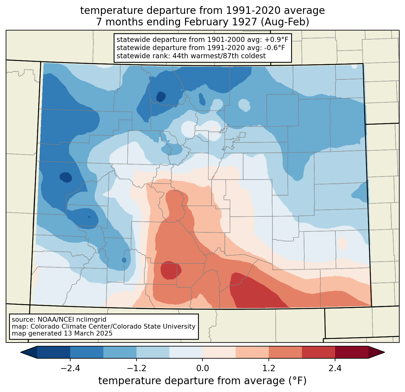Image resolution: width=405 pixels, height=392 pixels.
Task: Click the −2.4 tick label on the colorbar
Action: (70, 368)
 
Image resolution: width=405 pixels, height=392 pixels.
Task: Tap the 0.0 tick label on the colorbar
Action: (202, 368)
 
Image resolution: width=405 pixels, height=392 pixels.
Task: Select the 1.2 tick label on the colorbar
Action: (269, 368)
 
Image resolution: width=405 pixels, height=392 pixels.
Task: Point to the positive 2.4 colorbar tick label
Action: (335, 368)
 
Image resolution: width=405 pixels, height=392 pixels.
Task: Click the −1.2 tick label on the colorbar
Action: (137, 368)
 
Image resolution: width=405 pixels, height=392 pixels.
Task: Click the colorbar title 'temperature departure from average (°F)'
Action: (202, 381)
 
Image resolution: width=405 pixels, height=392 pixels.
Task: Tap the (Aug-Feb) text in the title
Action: (285, 22)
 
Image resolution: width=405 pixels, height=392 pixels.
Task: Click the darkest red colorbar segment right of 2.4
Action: (352, 352)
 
